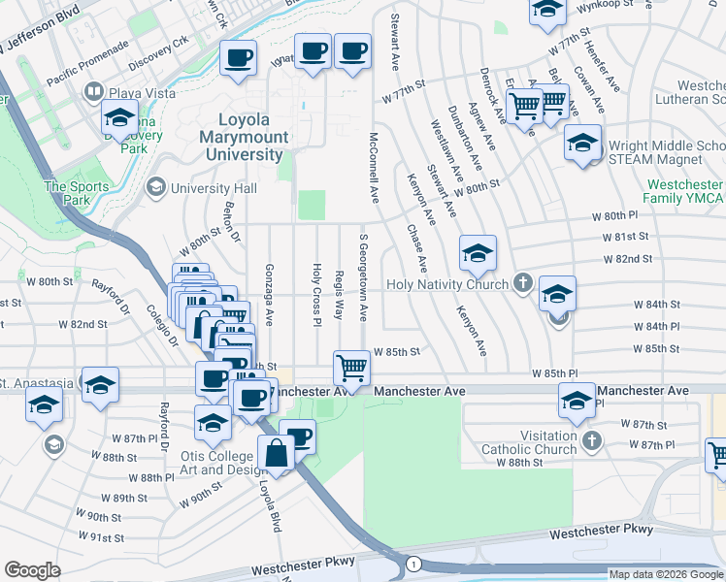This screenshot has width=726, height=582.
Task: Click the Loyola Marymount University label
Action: (245, 137)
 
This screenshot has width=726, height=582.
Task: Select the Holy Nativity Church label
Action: (446, 284)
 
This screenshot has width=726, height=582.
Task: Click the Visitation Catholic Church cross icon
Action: (591, 442)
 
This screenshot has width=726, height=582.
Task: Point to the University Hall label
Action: (214, 187)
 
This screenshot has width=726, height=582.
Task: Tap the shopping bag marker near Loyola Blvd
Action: (276, 456)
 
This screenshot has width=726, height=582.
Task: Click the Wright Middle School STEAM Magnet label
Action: (666, 154)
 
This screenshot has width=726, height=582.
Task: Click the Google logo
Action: (32, 570)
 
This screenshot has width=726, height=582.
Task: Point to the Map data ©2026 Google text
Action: (665, 574)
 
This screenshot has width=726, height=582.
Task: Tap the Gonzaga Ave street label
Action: (270, 293)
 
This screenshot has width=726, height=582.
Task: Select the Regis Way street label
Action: (339, 296)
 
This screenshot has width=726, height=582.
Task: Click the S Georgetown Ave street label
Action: (363, 277)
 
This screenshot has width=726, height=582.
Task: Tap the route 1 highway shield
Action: (413, 564)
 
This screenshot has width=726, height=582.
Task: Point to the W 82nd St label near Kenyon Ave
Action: (627, 259)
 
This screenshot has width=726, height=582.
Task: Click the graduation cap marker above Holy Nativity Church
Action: (478, 255)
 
